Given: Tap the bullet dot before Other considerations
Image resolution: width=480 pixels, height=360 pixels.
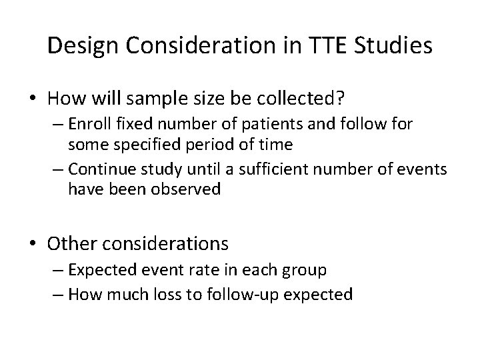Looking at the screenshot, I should tap(32, 243).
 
